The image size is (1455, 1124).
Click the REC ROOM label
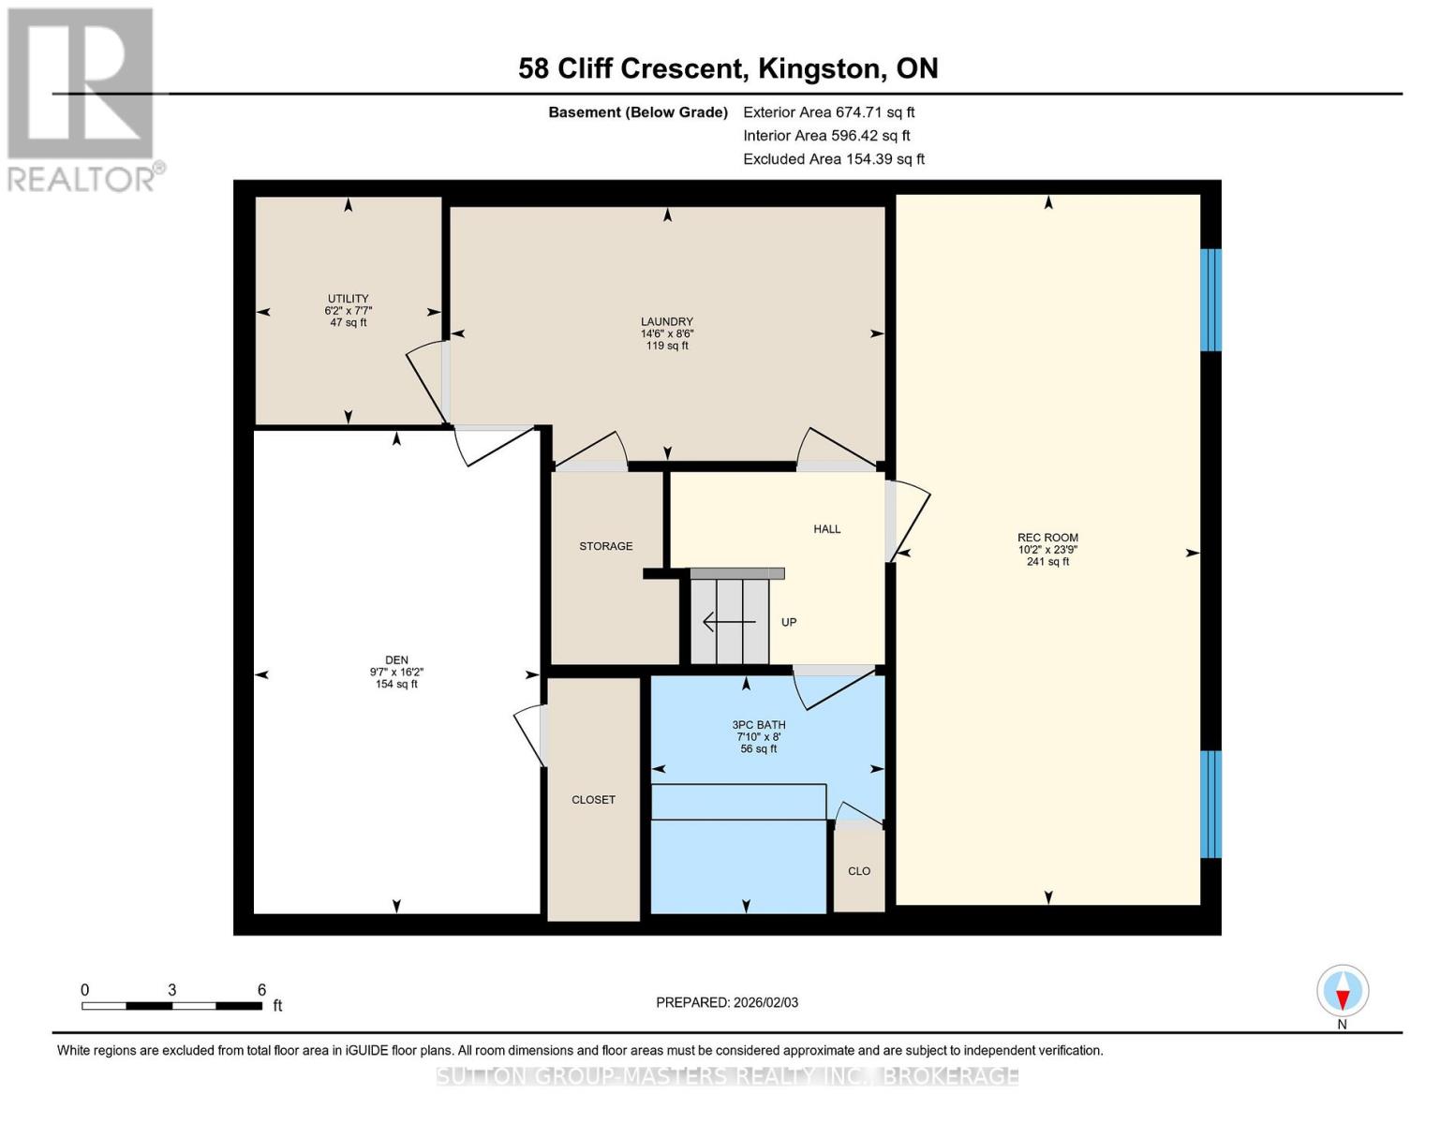point(1047,538)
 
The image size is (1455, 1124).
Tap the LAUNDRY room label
point(667,322)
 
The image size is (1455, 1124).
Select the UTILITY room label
point(348,299)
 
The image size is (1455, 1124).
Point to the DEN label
point(396,660)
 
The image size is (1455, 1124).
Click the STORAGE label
point(605,546)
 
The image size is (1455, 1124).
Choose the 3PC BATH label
point(759,725)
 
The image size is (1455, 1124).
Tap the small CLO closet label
point(859,871)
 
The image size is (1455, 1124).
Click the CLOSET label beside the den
point(593,800)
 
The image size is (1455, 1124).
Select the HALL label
point(826,529)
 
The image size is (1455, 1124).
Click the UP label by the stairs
point(789,622)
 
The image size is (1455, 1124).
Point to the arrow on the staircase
point(729,622)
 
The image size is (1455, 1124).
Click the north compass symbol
point(1343,991)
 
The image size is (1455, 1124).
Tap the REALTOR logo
point(82,99)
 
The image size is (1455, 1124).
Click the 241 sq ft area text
point(1047,562)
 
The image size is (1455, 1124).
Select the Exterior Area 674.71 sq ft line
point(828,112)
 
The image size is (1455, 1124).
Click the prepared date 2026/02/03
point(727,1002)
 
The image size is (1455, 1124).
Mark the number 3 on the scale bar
point(172,990)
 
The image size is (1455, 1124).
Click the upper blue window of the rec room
point(1210,300)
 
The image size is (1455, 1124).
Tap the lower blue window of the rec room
point(1210,804)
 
